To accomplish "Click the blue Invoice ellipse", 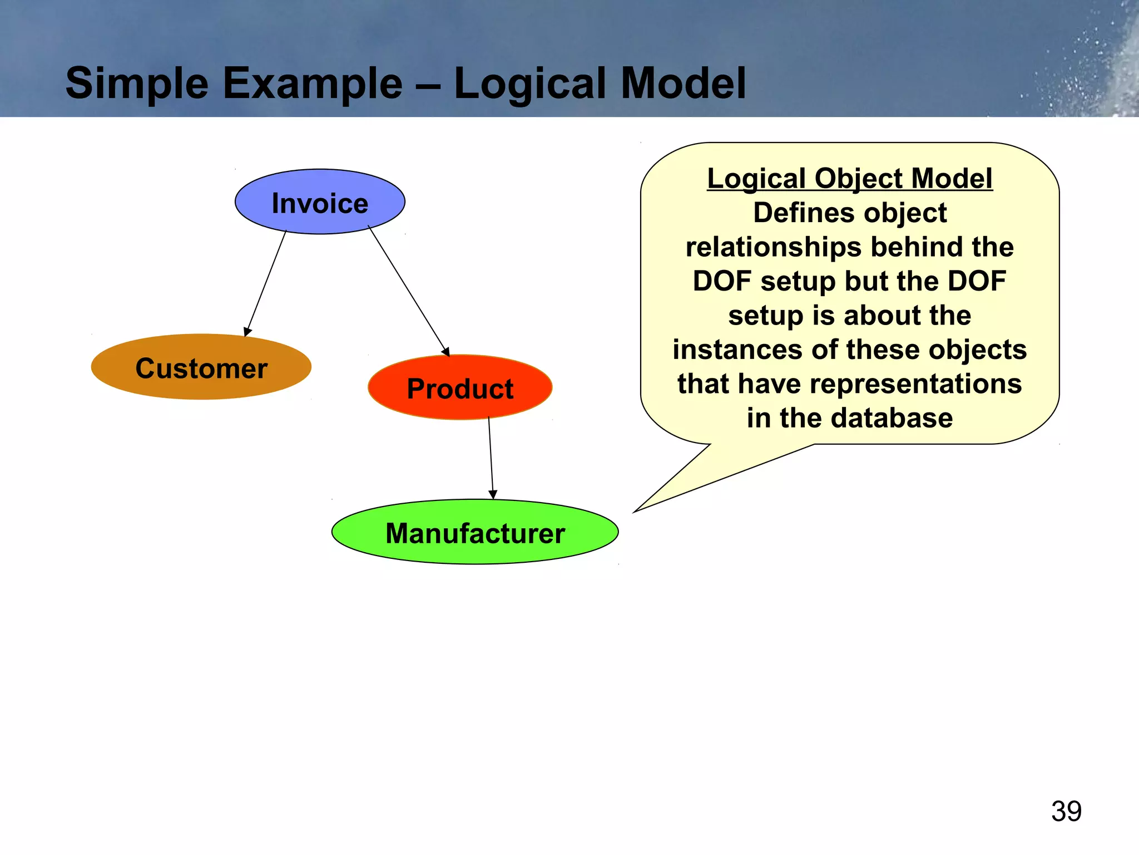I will point(320,202).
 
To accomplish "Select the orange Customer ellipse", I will point(201,367).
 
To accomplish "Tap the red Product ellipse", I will point(460,388).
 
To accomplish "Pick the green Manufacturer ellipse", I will point(475,533).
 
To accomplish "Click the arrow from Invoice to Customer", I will point(266,283).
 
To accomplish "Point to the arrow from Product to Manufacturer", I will point(491,456).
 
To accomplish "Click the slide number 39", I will point(1066,811).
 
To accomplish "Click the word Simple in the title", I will point(137,83).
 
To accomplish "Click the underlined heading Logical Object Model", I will point(849,179).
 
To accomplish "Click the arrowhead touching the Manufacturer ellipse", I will point(493,494).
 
